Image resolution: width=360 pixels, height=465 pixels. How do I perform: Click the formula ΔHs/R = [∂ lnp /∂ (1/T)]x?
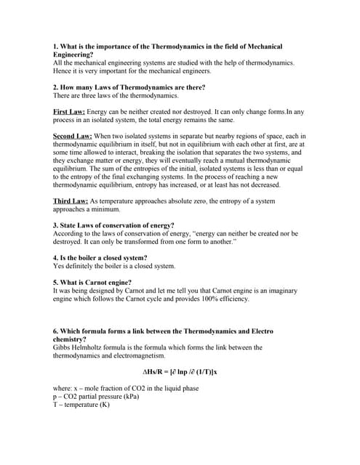[x=179, y=372]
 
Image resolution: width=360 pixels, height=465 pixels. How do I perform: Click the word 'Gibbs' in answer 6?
[x=63, y=347]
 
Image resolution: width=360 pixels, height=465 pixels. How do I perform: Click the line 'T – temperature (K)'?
[x=81, y=405]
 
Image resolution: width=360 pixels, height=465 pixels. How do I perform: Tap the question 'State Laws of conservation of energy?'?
[x=117, y=225]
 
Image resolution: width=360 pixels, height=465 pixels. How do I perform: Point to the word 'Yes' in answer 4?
[x=60, y=266]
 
